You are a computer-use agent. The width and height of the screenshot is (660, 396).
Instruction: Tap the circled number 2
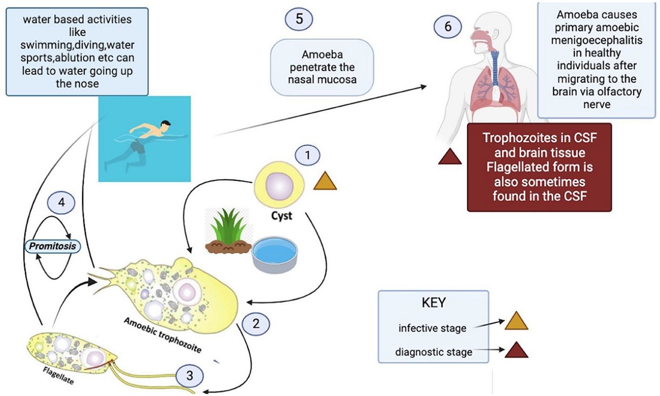coord(257,323)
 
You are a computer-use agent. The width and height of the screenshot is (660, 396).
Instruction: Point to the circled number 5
coord(299,19)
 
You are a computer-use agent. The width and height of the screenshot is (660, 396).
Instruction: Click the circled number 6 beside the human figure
coord(447,26)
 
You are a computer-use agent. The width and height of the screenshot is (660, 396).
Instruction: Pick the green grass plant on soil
coord(228,232)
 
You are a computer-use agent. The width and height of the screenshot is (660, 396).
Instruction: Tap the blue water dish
coord(275,252)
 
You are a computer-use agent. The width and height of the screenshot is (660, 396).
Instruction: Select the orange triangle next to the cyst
coord(325,181)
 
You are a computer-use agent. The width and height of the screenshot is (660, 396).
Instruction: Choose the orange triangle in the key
coord(516,323)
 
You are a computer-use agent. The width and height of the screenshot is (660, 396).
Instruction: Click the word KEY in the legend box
coord(434,303)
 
